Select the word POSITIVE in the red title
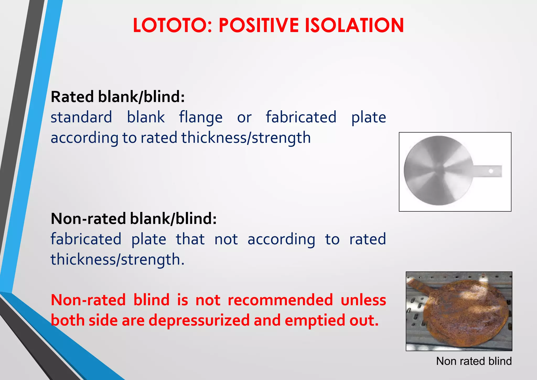point(259,25)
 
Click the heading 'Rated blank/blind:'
point(118,97)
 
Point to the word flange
point(201,118)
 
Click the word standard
point(81,117)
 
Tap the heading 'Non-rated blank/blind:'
point(134,219)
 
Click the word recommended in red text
point(280,300)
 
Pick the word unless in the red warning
point(363,300)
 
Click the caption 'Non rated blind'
point(474,361)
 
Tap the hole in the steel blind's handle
point(491,171)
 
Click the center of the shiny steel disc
point(438,170)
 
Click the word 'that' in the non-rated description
point(190,239)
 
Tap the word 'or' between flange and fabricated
point(244,118)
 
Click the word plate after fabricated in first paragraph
point(368,118)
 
